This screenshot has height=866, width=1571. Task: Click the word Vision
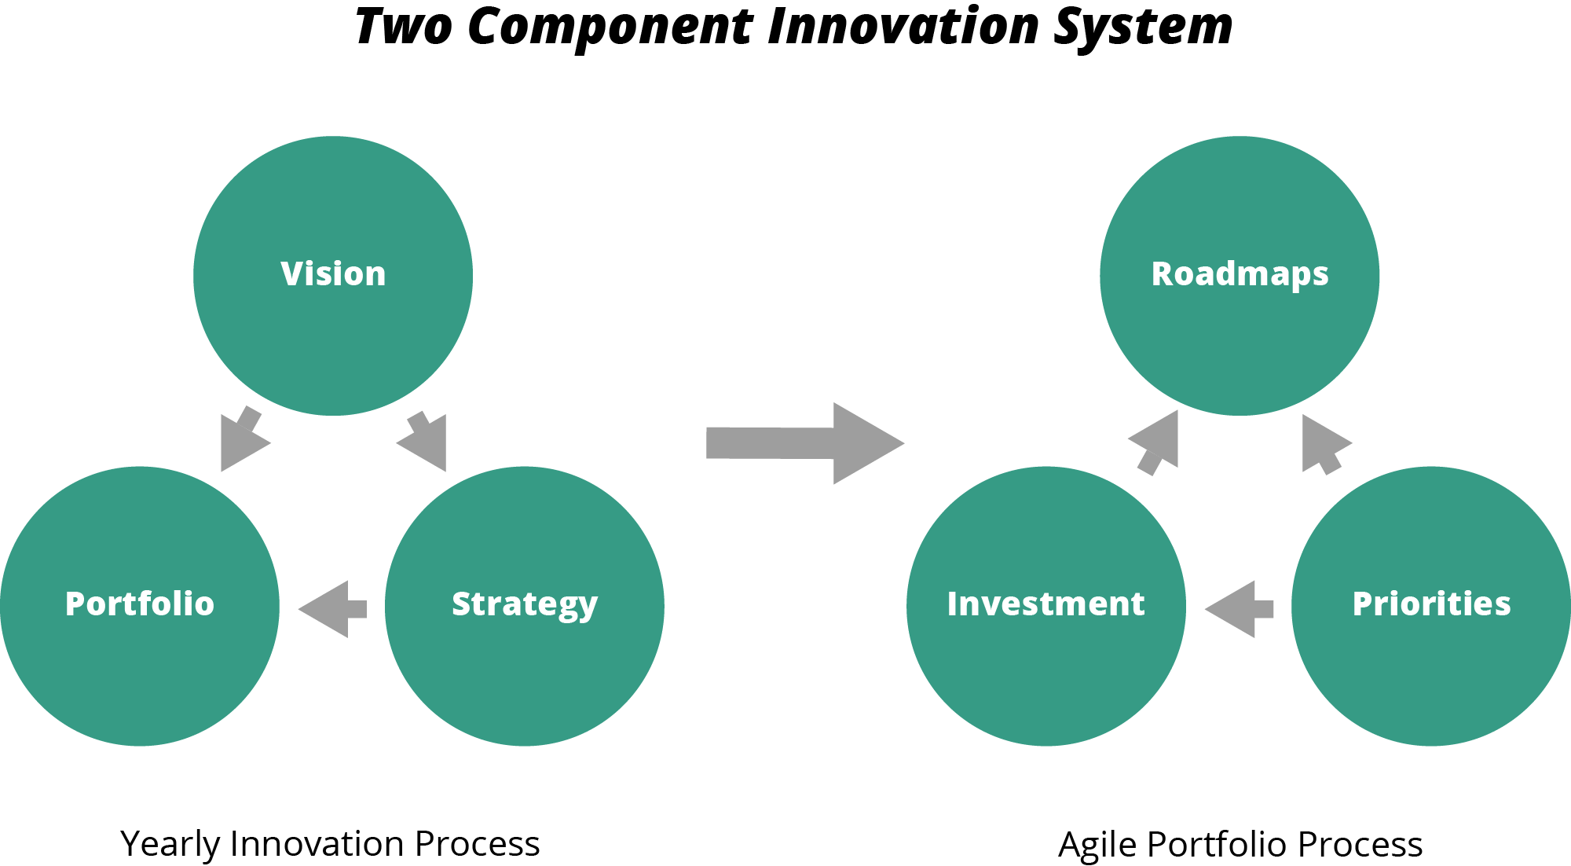pos(333,273)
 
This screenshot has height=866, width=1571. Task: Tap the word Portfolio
pos(140,604)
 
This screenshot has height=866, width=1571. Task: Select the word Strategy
pos(525,604)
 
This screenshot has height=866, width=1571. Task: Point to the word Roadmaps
pos(1240,274)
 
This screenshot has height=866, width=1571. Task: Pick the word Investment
pos(1046,604)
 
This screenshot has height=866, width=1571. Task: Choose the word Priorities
pos(1431,604)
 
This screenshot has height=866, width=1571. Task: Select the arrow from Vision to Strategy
pos(425,441)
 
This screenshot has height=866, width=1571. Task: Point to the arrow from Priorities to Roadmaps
pos(1323,444)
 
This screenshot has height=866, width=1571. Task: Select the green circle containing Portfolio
pos(140,676)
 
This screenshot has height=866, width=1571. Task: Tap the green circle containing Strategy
pos(525,676)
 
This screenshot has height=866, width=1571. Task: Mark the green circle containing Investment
pos(1046,676)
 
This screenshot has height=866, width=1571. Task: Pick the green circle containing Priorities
pos(1431,676)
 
